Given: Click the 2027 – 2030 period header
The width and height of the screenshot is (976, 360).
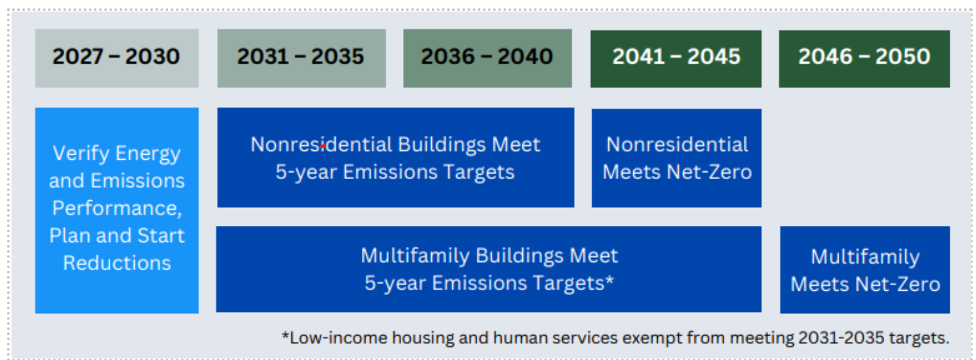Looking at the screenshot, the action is [117, 58].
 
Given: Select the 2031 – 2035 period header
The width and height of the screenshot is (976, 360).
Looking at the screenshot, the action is [302, 58].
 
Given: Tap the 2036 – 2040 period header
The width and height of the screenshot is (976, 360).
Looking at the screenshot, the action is [487, 58].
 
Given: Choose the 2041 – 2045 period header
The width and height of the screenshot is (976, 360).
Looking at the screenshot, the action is [676, 59].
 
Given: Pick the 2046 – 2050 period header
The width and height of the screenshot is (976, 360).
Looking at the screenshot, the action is [864, 59].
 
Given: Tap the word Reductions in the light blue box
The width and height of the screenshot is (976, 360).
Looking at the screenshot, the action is [117, 263].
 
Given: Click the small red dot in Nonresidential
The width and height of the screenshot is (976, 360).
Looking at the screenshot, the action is [323, 146].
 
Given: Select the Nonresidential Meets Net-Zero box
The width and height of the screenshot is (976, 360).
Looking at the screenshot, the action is [676, 158].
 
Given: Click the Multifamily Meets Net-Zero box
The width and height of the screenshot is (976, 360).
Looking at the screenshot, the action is [865, 270].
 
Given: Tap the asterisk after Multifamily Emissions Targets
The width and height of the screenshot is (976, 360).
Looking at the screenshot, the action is [610, 279].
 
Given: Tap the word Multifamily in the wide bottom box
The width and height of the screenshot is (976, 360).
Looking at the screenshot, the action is [415, 256].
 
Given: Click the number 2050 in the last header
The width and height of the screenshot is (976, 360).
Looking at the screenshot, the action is [903, 56].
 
